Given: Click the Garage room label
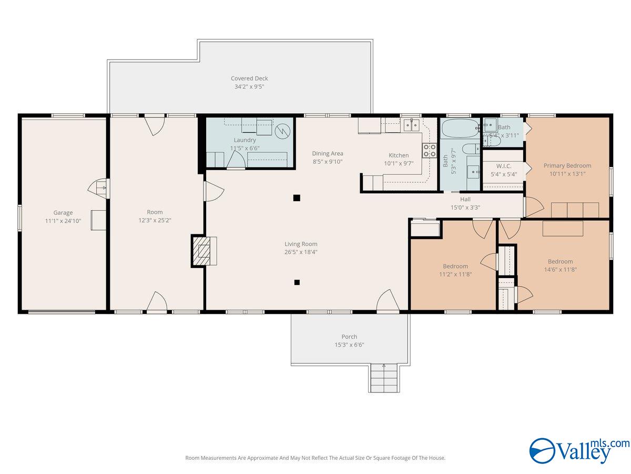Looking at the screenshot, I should (63, 213).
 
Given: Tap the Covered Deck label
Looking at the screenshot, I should (250, 78).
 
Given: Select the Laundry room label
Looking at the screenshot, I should (245, 140).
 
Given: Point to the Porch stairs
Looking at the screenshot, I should (383, 378).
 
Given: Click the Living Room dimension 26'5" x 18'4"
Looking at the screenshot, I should (301, 252).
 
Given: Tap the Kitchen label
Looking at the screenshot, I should (399, 155).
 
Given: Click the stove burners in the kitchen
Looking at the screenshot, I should (429, 151).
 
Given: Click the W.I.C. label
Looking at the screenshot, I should (504, 166).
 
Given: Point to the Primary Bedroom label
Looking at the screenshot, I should (567, 165).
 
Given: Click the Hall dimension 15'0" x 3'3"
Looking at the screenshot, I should (465, 208).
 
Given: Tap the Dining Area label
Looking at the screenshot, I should (327, 154).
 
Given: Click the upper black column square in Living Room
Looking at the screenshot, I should (297, 198).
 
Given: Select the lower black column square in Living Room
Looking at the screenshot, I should (297, 282).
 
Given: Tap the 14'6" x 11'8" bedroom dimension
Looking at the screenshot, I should (560, 270).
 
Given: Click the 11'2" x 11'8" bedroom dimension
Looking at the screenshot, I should (455, 274).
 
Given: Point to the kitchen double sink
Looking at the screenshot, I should (411, 125).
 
